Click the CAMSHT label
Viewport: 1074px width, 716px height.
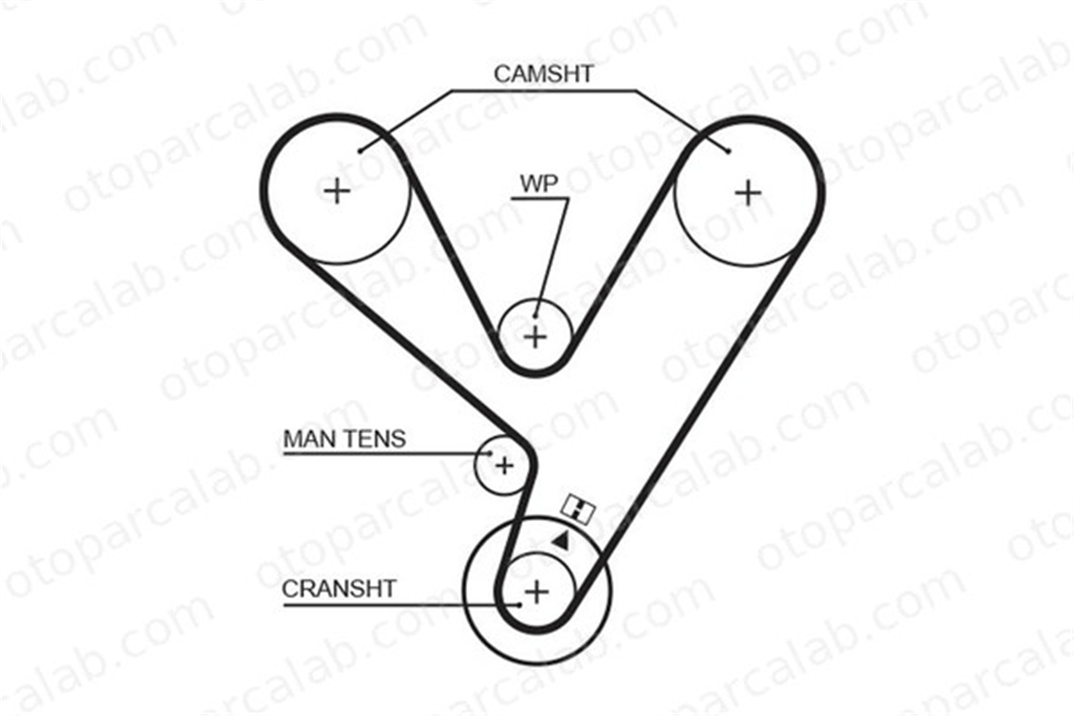point(543,74)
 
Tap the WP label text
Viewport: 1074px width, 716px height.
point(539,184)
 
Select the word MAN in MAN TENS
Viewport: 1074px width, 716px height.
point(308,439)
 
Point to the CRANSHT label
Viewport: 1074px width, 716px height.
point(339,589)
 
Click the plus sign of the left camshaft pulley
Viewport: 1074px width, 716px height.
point(337,191)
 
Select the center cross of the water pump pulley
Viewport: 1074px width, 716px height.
point(535,337)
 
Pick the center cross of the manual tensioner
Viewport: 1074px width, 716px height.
point(504,465)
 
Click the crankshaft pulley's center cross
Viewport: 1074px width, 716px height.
point(536,592)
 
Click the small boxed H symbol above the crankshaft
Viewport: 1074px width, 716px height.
point(578,508)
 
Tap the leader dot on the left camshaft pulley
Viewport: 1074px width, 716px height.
point(360,151)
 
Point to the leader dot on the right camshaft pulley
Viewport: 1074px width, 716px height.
point(728,151)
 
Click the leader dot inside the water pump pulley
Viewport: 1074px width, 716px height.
point(535,316)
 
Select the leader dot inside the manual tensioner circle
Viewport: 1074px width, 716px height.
point(489,453)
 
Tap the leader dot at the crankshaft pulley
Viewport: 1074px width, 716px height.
point(519,605)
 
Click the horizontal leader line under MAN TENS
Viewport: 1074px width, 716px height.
point(386,454)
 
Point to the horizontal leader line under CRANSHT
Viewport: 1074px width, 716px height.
point(401,605)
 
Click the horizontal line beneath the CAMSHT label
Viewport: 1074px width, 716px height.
point(543,91)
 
